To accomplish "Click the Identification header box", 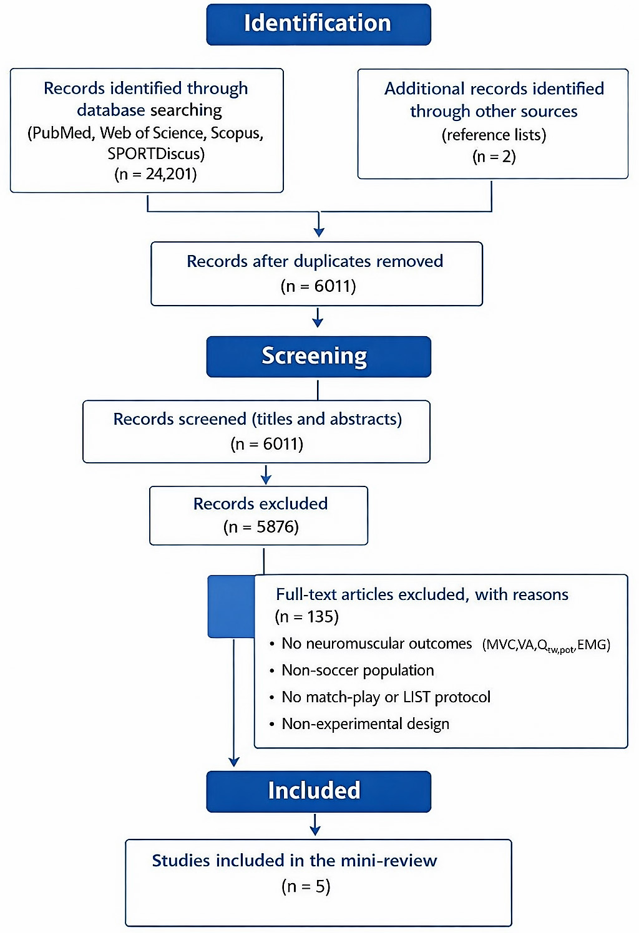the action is click(318, 24).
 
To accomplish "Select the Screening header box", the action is click(318, 357).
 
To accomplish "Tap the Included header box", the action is click(318, 791).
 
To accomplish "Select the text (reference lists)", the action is click(494, 135).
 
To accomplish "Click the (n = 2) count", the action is click(494, 157).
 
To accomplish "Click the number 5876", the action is click(275, 527).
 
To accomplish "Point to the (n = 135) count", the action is click(307, 616).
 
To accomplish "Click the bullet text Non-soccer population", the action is click(358, 670).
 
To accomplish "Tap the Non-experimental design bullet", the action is click(365, 724).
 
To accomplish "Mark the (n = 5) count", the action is click(306, 886).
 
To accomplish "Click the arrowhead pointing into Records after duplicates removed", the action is click(319, 231).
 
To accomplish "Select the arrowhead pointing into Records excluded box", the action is click(266, 479).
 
